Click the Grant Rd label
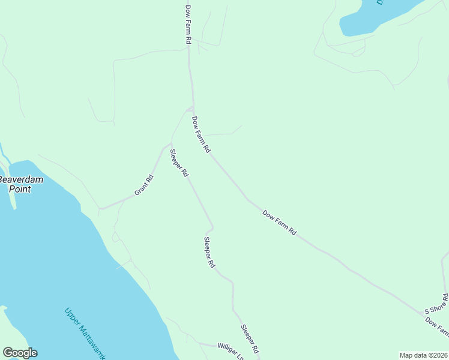coord(144,185)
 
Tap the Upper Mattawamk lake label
coord(83,333)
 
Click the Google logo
coord(20,353)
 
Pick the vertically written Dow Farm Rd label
coord(188,24)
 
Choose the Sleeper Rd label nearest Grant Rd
coord(179,163)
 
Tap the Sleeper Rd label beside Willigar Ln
coord(250,339)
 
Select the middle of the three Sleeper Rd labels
coord(209,252)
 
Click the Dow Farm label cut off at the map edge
coord(437,326)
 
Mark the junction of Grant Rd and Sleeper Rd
coord(171,144)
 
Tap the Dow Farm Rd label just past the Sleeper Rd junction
coord(201,134)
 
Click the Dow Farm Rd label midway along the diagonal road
coord(280,222)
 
